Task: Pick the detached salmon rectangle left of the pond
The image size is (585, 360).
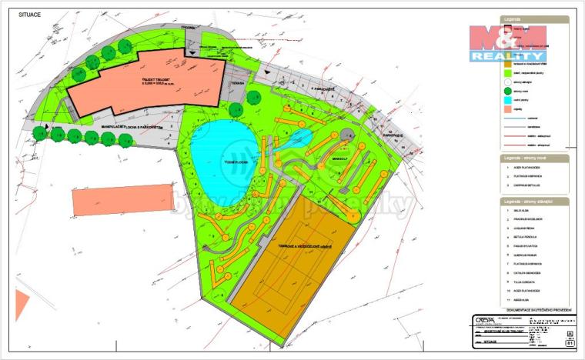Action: (122, 199)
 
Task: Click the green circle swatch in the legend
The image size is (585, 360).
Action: (496, 91)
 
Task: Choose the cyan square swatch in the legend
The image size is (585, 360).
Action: (496, 100)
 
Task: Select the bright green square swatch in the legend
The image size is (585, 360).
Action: (496, 72)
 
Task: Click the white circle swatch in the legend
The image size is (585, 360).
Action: (496, 82)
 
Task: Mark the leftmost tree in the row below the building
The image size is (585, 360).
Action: (40, 133)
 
